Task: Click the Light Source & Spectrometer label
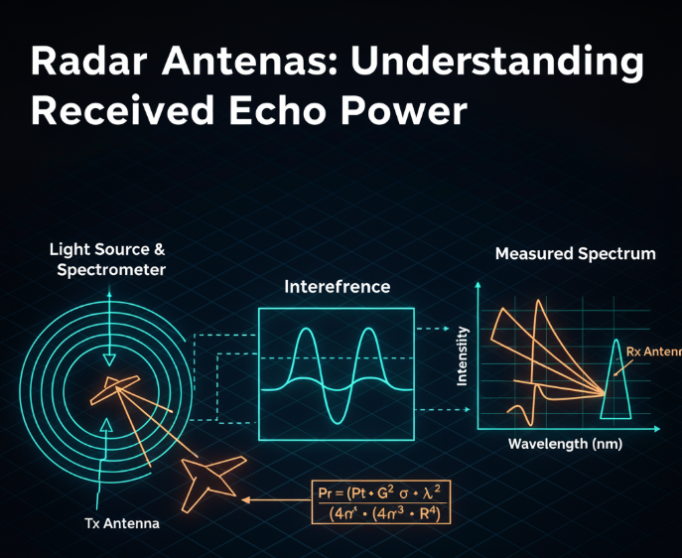[x=108, y=258]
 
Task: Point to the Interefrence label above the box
[x=337, y=287]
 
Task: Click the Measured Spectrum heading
[x=575, y=254]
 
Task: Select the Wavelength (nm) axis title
[x=565, y=444]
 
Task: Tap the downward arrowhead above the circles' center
[x=109, y=358]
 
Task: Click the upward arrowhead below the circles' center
[x=108, y=424]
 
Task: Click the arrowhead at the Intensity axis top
[x=478, y=286]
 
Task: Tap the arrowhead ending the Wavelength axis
[x=654, y=430]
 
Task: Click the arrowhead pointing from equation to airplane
[x=248, y=501]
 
